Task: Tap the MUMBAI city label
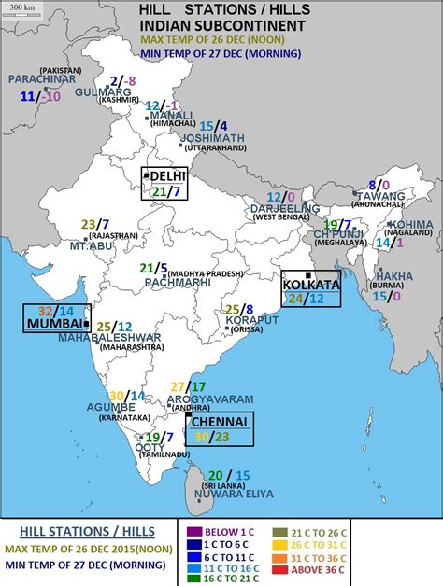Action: pyautogui.click(x=51, y=323)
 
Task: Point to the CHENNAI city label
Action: pyautogui.click(x=220, y=422)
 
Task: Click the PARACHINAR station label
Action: pyautogui.click(x=41, y=79)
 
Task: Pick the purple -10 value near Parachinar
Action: pyautogui.click(x=52, y=96)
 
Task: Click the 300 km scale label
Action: pyautogui.click(x=22, y=7)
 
